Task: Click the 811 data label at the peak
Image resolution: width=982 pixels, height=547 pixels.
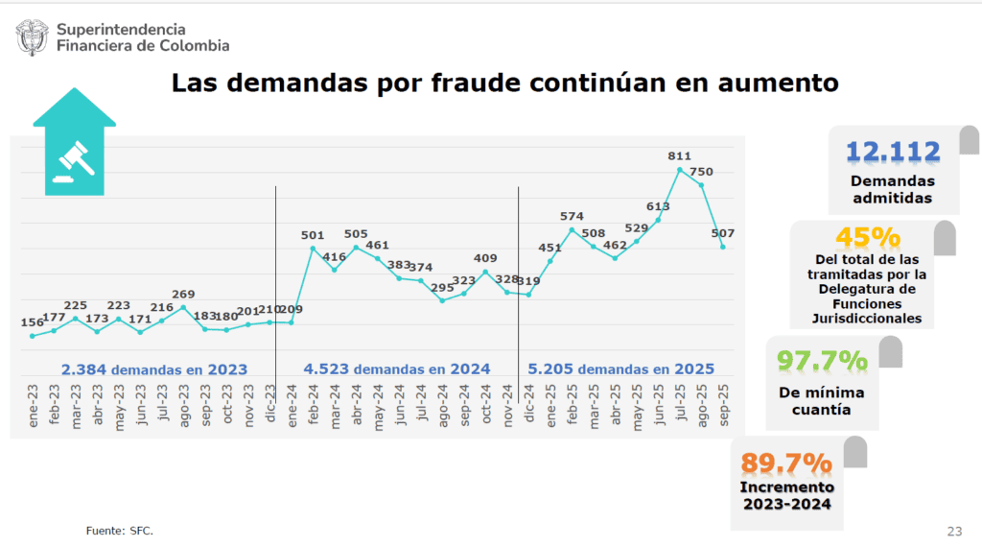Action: coord(679,155)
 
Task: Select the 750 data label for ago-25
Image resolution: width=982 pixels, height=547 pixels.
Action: coord(701,172)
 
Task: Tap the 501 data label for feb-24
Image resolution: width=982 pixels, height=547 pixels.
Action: coord(313,234)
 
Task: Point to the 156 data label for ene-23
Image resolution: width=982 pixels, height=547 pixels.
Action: coord(33,322)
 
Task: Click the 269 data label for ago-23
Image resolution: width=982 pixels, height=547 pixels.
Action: coord(183,294)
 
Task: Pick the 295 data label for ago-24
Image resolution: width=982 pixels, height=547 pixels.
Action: coord(442,287)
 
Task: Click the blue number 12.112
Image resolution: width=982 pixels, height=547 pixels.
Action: coord(893,152)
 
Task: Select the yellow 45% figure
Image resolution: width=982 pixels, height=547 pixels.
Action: coord(868,237)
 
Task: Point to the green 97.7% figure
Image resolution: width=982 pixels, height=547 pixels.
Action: coord(822,361)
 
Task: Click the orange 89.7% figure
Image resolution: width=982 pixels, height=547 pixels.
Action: coord(785,463)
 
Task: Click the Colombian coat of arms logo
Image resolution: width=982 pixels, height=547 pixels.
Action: coord(33,38)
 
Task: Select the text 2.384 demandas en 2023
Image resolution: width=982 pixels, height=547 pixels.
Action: coord(154,369)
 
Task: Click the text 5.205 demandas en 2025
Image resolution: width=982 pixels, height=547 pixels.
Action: coord(621,369)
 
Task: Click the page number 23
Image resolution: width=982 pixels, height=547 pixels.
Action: coord(954,531)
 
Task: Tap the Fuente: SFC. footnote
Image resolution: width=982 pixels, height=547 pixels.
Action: coord(119,531)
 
